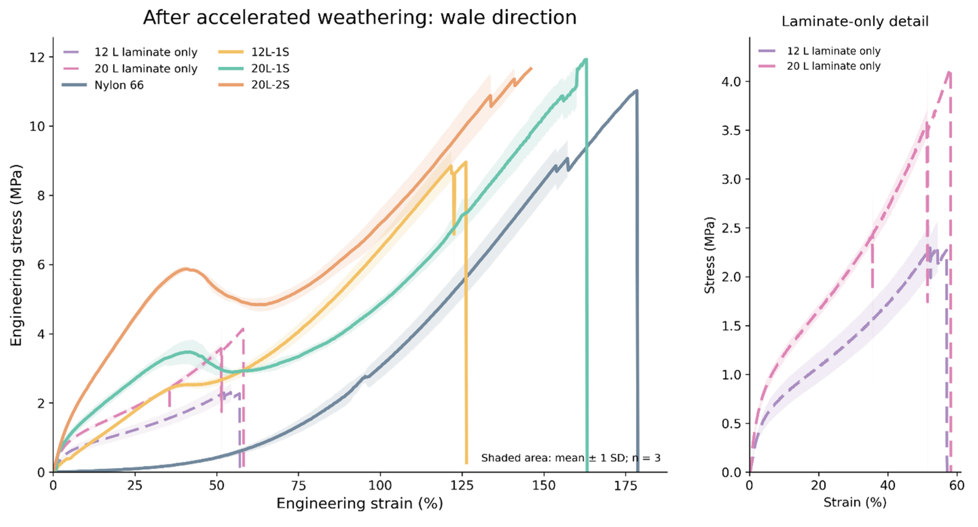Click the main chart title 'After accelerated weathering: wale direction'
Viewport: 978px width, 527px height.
tap(360, 18)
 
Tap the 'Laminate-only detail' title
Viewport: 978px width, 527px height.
tap(855, 21)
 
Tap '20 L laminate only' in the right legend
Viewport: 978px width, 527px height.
tap(819, 66)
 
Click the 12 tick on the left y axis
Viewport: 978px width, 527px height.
tap(37, 57)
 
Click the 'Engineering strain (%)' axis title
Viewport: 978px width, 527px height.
tap(360, 504)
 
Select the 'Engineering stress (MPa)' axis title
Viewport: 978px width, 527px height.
tap(16, 255)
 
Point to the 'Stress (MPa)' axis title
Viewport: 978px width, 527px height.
tap(709, 255)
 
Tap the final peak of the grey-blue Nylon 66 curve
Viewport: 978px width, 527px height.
tap(636, 90)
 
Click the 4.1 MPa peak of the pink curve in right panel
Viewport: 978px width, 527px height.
tap(949, 72)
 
